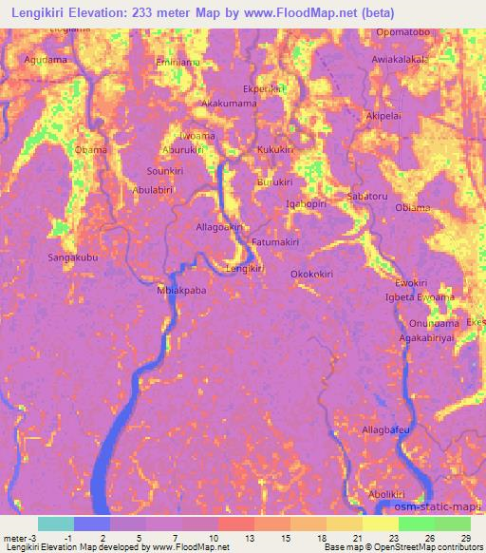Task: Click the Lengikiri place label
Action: coord(243,270)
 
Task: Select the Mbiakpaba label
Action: coord(180,292)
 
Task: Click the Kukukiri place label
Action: coord(277,150)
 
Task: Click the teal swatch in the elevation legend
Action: coord(55,524)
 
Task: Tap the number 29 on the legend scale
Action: coord(464,539)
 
